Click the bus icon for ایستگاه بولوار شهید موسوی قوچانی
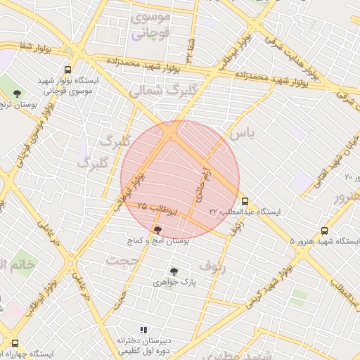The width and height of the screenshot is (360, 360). (x=68, y=70)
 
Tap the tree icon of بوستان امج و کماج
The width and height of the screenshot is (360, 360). (x=156, y=229)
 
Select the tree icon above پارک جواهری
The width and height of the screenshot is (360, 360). (x=174, y=271)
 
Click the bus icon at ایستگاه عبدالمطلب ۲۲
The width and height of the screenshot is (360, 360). (x=245, y=200)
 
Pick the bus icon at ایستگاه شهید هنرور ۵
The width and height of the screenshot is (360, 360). (x=324, y=231)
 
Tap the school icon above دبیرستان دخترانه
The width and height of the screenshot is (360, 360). (x=143, y=330)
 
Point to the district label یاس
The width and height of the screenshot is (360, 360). (x=238, y=132)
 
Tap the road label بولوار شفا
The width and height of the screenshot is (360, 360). (x=36, y=49)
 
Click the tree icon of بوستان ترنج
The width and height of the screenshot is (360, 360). (x=17, y=93)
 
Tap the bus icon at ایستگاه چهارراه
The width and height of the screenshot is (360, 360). (x=15, y=344)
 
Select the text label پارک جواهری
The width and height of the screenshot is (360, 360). (x=174, y=283)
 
